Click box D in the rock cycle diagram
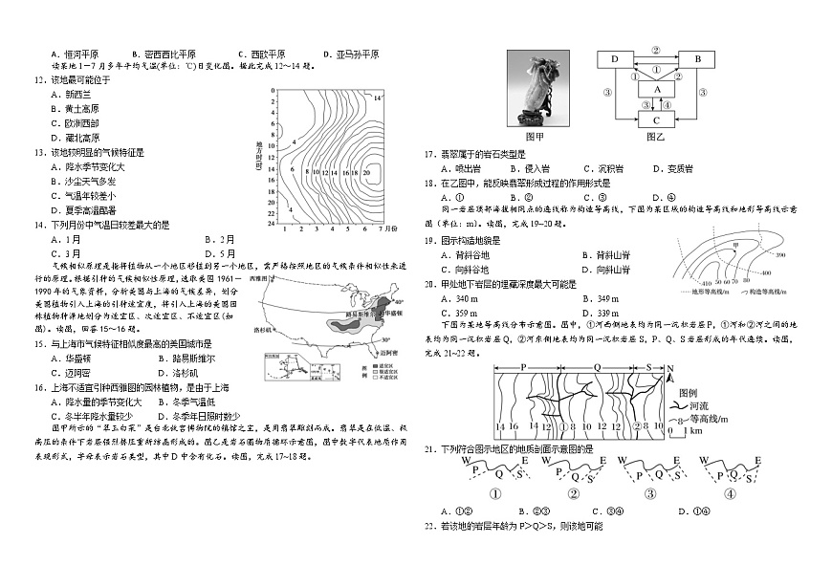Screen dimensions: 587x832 [613, 59]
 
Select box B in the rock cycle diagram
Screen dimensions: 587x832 [697, 59]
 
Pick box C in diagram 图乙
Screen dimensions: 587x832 [655, 120]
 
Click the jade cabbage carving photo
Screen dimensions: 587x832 [537, 88]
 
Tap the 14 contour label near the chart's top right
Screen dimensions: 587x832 [377, 98]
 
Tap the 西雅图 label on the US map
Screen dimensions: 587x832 [259, 277]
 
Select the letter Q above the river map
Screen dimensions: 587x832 [597, 367]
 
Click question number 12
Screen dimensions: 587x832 [39, 79]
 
